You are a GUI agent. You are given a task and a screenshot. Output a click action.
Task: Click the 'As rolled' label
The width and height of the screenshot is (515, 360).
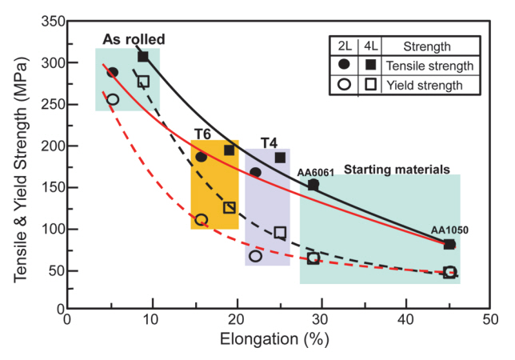134,39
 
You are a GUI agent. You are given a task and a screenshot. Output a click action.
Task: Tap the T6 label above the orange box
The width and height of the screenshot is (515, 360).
202,133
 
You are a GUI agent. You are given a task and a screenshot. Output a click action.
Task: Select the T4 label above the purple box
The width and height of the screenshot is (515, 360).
269,142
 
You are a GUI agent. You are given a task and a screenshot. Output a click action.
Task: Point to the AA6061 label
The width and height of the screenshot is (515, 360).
315,171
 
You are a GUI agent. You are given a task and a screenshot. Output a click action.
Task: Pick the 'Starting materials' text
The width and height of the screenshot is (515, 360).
397,169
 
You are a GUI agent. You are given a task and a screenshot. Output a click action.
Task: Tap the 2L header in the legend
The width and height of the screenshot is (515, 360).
344,46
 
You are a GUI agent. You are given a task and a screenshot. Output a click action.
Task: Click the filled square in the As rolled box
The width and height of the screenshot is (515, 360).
143,56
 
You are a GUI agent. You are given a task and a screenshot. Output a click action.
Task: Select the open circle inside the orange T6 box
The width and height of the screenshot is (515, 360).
201,219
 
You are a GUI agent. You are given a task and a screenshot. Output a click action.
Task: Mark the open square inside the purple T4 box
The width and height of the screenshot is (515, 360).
280,233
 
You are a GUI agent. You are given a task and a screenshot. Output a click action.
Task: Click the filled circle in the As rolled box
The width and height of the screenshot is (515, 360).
113,72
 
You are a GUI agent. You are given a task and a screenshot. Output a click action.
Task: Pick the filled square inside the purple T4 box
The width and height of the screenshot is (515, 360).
280,158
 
